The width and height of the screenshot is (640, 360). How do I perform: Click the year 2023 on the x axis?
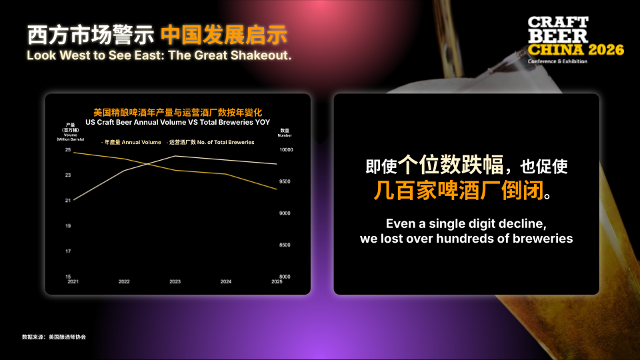[x=175, y=282]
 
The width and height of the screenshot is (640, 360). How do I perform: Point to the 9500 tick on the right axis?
[x=284, y=181]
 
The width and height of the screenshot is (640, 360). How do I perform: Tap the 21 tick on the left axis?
[x=68, y=201]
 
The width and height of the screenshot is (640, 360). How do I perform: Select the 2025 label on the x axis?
[x=277, y=282]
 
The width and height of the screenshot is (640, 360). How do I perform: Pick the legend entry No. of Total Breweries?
[x=212, y=142]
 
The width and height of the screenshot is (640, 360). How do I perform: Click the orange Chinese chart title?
[x=177, y=112]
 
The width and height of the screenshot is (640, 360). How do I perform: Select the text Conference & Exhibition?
[x=557, y=61]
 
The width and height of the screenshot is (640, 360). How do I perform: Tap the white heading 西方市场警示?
[x=91, y=33]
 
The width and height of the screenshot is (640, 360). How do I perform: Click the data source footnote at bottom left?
[x=54, y=337]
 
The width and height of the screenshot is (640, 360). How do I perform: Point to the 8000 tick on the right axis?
[x=284, y=277]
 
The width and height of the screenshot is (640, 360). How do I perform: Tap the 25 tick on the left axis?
[x=68, y=150]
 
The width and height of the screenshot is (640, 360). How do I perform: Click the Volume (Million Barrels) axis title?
[x=71, y=134]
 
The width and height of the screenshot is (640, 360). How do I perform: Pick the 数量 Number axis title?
[x=285, y=132]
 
